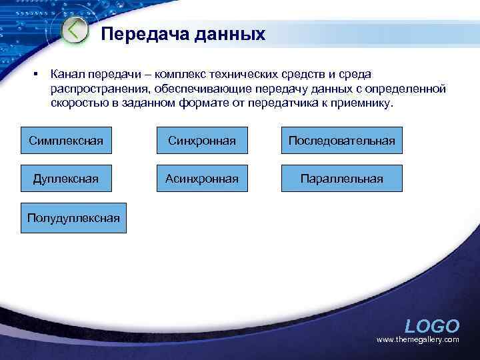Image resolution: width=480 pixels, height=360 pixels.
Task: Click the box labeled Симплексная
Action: click(66, 141)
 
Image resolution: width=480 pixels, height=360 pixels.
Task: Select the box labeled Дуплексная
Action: click(66, 179)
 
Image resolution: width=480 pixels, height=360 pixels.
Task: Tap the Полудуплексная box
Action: click(73, 217)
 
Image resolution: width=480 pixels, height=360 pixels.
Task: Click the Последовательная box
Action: click(341, 141)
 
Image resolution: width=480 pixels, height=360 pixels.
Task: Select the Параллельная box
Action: click(341, 179)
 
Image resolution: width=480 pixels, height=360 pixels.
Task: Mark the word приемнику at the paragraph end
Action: click(365, 104)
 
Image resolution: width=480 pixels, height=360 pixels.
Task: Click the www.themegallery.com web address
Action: click(418, 340)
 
